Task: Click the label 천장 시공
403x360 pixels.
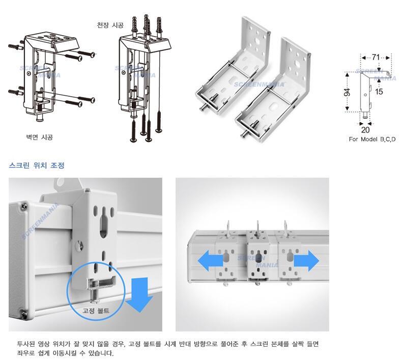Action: pos(110,25)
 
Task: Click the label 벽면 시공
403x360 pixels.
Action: pos(39,137)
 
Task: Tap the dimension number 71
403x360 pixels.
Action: pos(376,57)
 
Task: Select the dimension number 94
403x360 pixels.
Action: pos(347,92)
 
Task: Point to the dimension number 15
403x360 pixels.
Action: pos(379,92)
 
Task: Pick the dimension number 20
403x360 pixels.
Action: pos(365,130)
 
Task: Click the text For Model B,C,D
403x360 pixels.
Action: pos(372,140)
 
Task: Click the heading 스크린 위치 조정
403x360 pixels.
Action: pos(37,165)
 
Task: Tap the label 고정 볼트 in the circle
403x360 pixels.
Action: pos(96,311)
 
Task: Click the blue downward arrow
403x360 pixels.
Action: pos(139,295)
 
